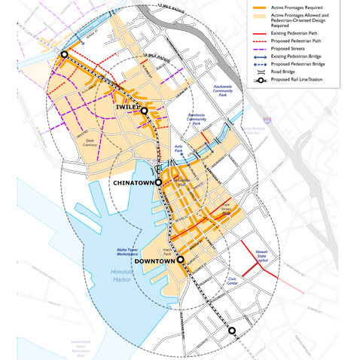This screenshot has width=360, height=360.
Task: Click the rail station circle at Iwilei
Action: click(144, 110)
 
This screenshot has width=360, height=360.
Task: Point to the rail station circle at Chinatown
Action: click(159, 182)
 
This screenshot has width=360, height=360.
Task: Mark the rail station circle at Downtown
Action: click(181, 260)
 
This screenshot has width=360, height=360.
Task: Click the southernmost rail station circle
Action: click(232, 330)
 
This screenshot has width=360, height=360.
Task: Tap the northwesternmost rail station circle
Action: click(65, 54)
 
